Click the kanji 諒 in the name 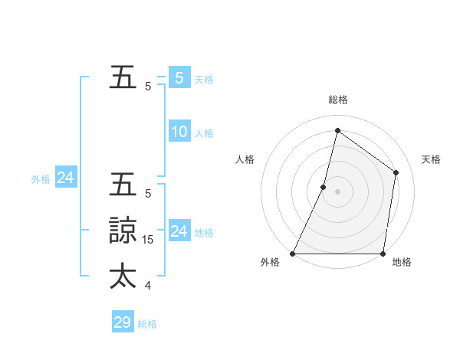[123, 231]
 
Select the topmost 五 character [123, 78]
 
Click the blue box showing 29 [123, 322]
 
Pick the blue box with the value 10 [179, 132]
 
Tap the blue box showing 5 [179, 77]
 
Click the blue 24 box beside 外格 [66, 178]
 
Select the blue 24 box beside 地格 [179, 231]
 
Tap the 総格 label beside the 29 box [148, 324]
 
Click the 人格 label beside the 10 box [204, 133]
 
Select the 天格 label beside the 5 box [204, 79]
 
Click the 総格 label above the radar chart [337, 100]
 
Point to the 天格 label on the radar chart [431, 159]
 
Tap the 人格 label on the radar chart [245, 159]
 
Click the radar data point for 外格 [293, 254]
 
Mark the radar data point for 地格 [383, 254]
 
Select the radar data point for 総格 [337, 130]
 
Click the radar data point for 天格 [396, 172]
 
